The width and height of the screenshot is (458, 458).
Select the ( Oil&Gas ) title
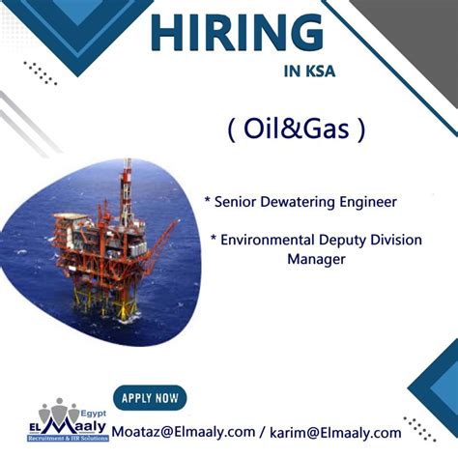point(298,130)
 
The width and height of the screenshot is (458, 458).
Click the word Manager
point(316,259)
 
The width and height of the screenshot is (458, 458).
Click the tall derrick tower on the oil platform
point(126,198)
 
